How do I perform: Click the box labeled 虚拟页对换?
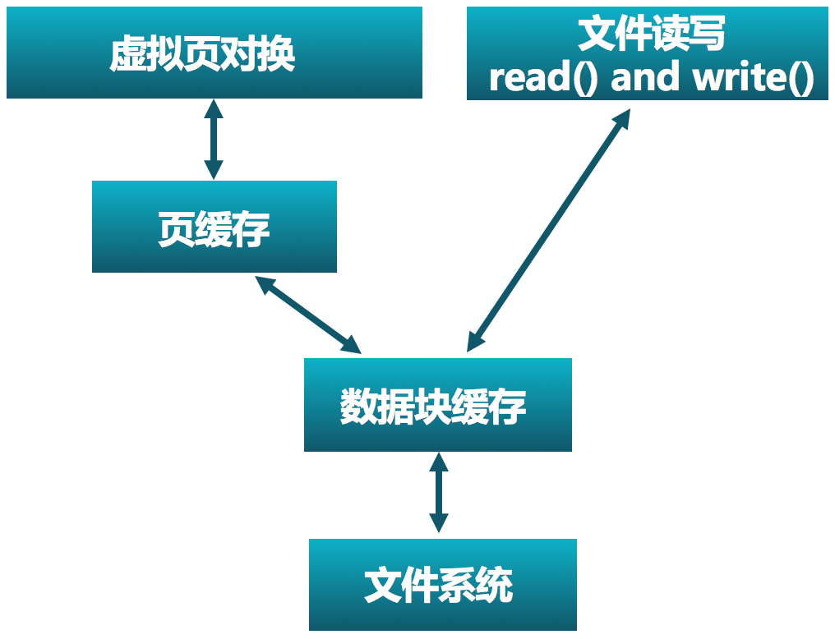pos(214,53)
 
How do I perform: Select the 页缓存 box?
pos(214,227)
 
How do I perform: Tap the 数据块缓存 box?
pos(437,404)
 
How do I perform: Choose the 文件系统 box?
pos(442,584)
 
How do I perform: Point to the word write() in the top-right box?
pos(753,78)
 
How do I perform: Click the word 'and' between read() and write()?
pos(645,78)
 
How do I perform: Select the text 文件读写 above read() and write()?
pos(652,34)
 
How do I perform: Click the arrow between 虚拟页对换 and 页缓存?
pos(214,139)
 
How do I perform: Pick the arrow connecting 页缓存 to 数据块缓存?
pos(308,315)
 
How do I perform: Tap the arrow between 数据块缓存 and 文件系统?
pos(439,493)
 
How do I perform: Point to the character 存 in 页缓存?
pos(251,228)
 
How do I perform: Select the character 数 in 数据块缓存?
pos(358,406)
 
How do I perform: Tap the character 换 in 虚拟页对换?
pos(276,54)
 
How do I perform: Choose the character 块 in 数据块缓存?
pos(434,406)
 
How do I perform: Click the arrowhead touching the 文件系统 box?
pos(439,522)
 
